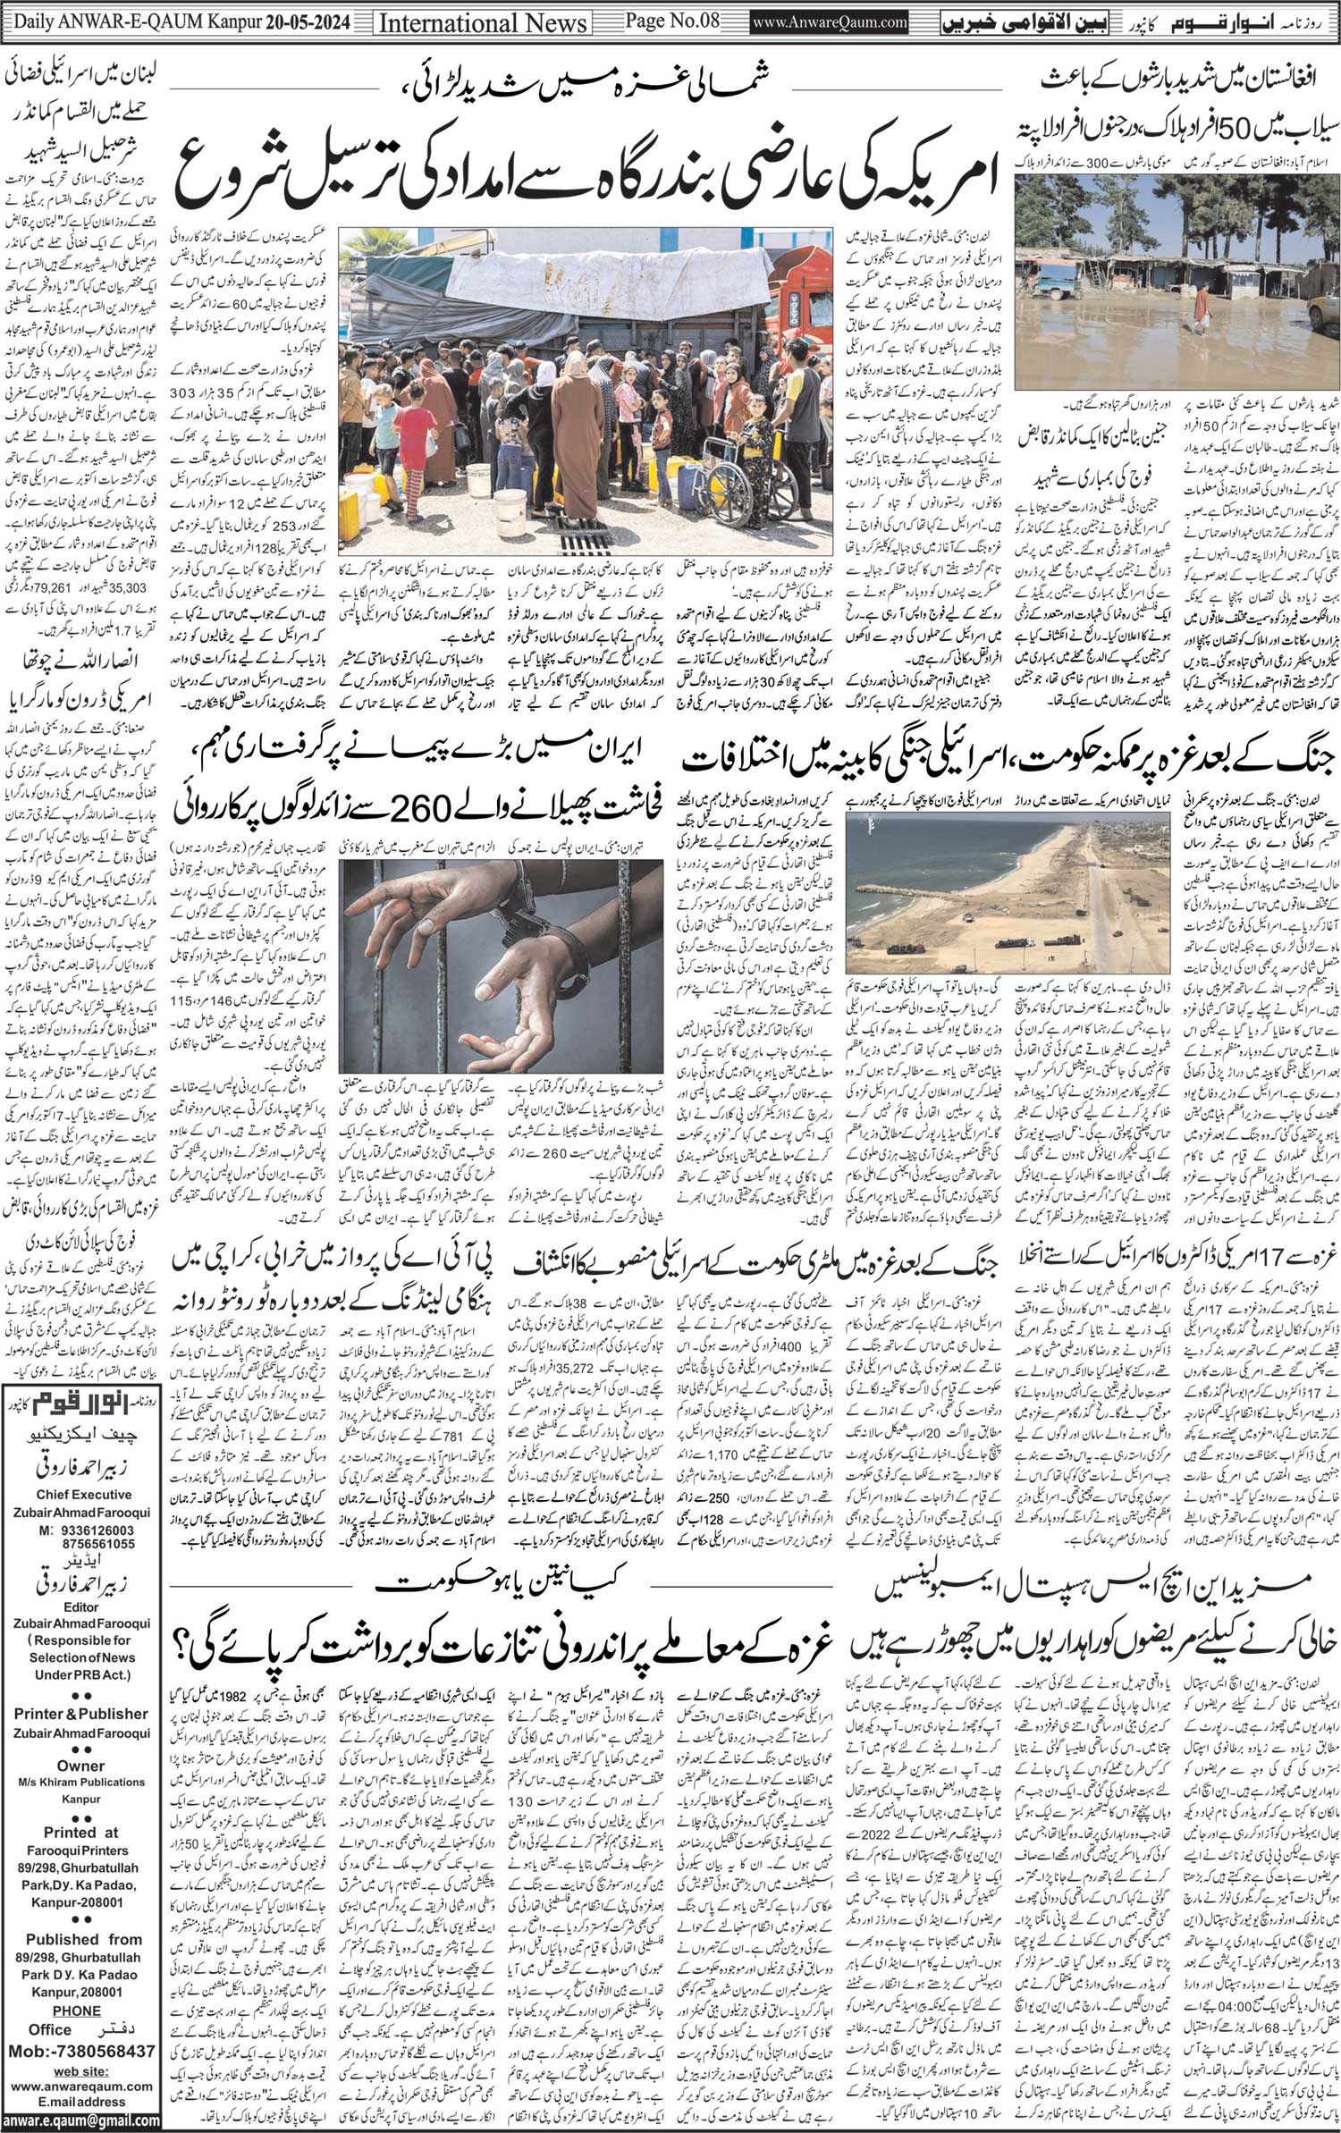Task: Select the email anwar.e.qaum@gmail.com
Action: click(x=80, y=2123)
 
